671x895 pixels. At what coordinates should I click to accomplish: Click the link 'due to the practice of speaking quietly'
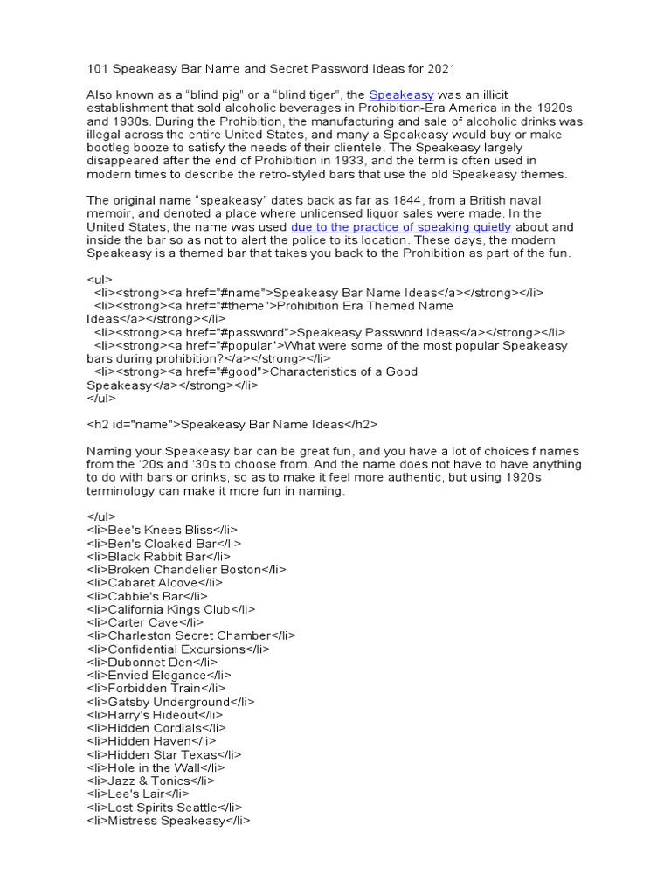tap(401, 226)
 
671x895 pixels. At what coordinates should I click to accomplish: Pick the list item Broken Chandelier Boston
tap(187, 570)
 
